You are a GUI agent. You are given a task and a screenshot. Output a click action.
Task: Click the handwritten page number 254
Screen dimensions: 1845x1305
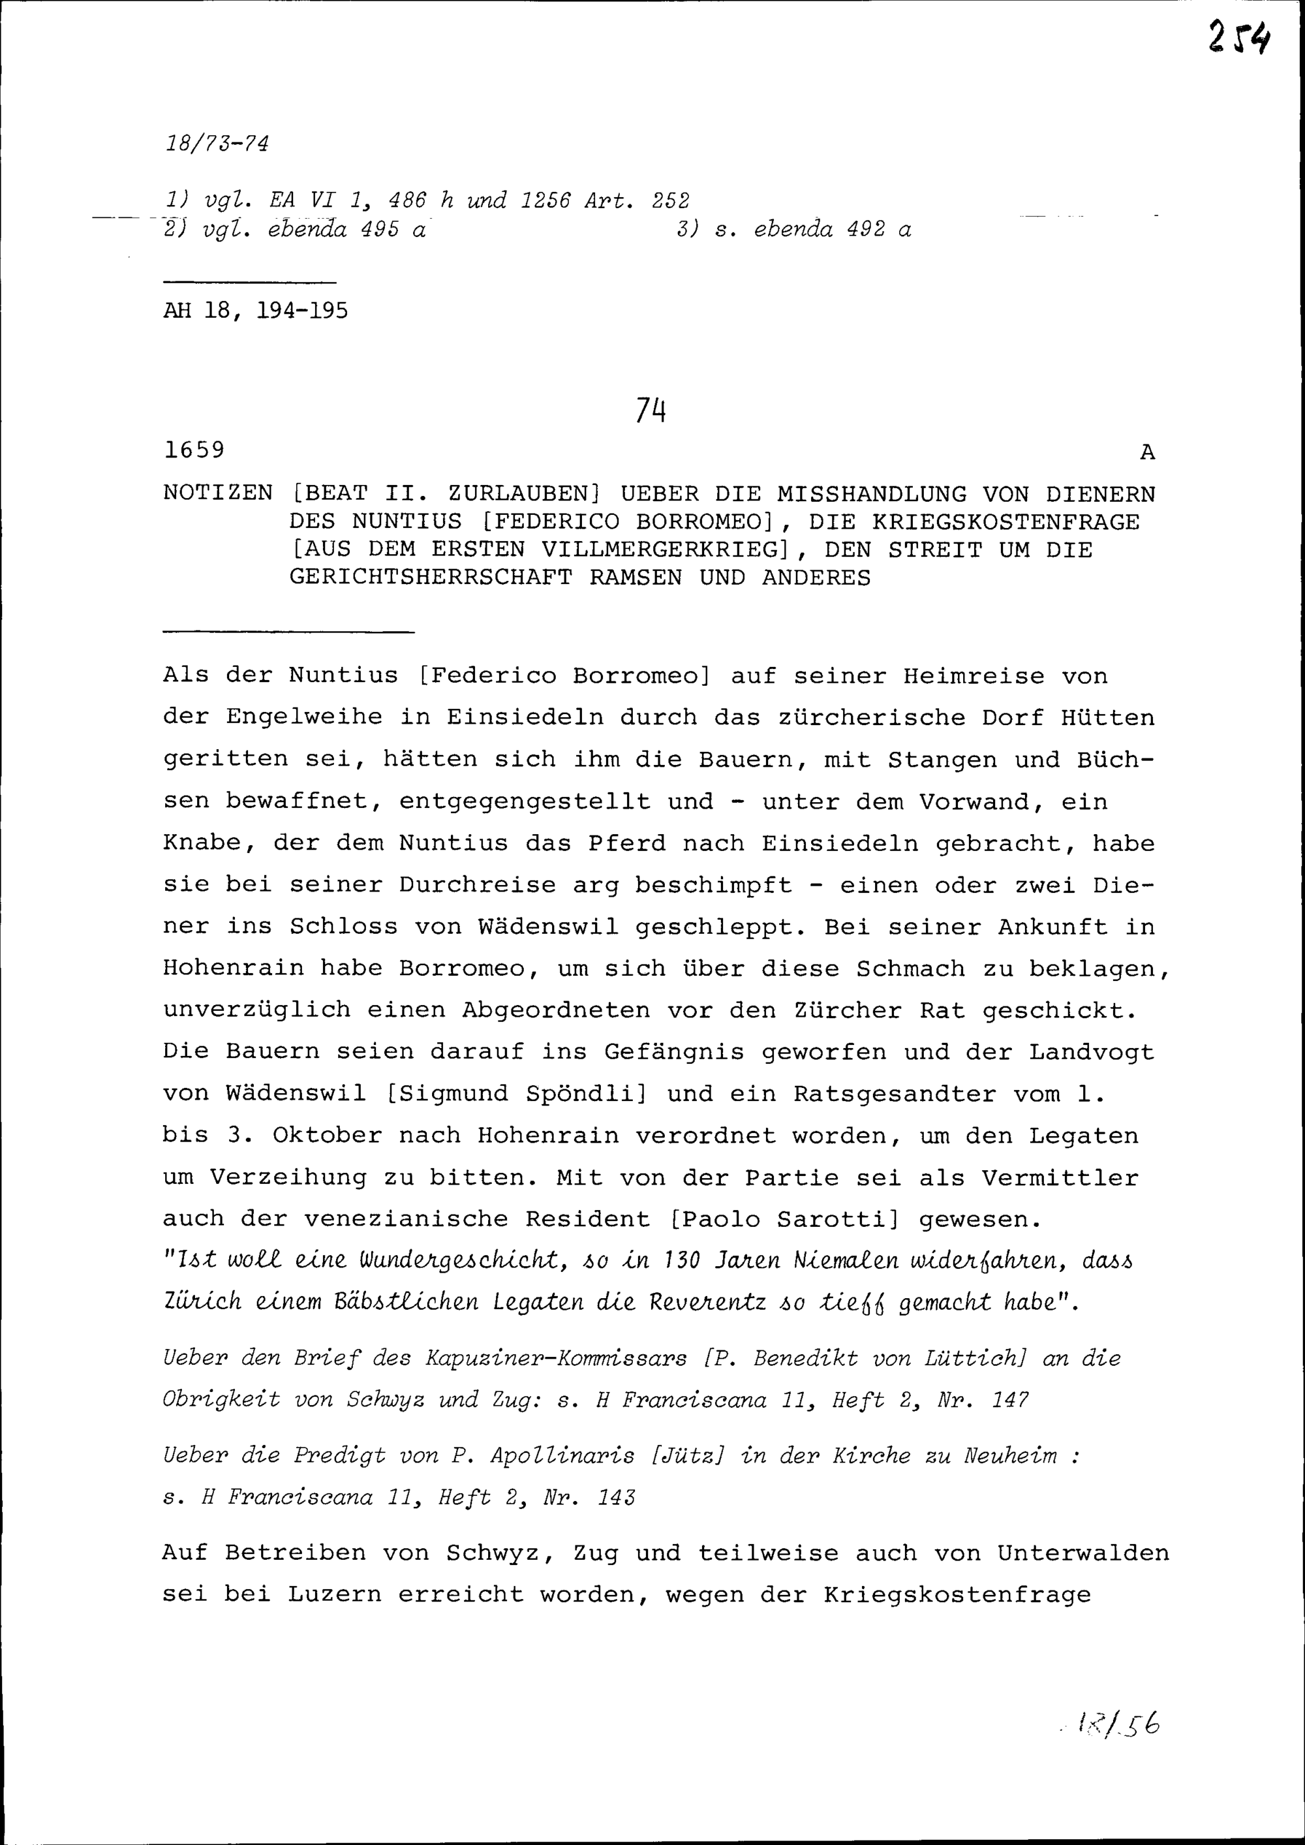tap(1238, 38)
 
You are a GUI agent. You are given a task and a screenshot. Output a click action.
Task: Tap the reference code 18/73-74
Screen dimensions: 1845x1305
tap(216, 144)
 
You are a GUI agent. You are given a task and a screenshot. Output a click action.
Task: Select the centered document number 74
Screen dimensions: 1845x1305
tap(651, 411)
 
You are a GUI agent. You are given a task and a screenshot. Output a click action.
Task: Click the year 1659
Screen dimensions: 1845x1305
tap(194, 450)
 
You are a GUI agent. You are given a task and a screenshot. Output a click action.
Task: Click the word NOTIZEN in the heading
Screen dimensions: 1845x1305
tap(218, 493)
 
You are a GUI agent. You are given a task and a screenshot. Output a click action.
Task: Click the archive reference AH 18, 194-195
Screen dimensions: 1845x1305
tap(256, 311)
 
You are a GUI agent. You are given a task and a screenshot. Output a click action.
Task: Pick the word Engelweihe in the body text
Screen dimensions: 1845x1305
tap(304, 718)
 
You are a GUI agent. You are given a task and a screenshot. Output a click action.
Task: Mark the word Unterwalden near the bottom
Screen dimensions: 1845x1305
tap(1082, 1553)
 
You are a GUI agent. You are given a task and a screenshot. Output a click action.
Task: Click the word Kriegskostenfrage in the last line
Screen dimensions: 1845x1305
tap(957, 1595)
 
